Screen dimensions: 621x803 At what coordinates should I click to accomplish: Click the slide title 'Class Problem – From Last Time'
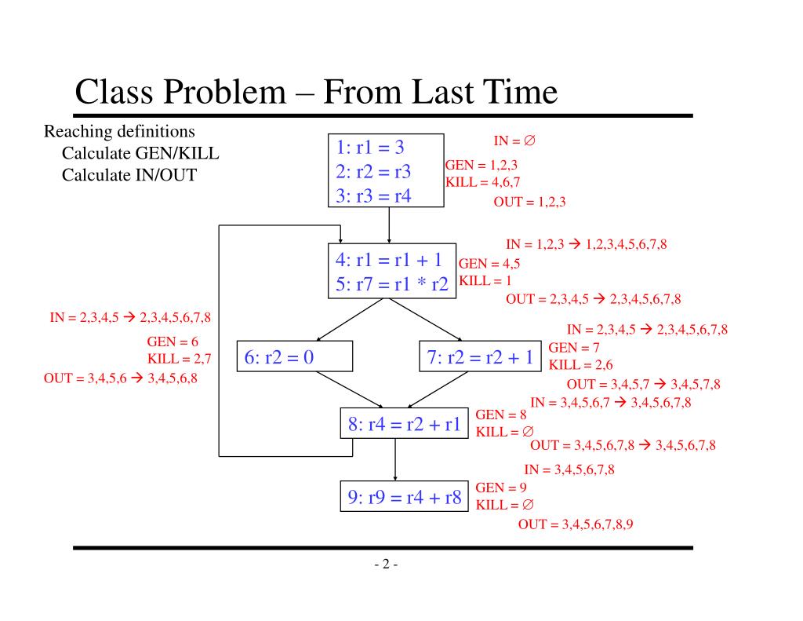[x=316, y=93]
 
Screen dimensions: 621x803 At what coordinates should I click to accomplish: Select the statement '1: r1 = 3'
[x=370, y=148]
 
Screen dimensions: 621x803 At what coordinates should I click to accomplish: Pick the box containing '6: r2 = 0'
[x=294, y=357]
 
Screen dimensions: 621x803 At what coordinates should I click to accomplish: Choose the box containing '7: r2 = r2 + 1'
[x=480, y=357]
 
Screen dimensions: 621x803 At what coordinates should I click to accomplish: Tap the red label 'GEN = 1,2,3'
[x=481, y=165]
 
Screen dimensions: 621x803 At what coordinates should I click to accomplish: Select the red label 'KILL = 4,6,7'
[x=483, y=182]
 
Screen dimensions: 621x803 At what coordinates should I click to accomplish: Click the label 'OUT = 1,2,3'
[x=529, y=202]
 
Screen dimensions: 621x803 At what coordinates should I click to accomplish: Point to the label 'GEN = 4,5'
[x=489, y=264]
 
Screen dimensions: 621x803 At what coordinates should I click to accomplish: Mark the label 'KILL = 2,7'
[x=180, y=360]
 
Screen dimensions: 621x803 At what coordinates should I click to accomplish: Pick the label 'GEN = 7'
[x=574, y=348]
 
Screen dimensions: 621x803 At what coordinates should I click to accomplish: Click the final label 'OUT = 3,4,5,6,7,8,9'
[x=575, y=524]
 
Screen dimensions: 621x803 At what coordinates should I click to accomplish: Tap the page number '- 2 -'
[x=386, y=564]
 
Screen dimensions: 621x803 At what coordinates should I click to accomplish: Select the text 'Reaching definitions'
[x=119, y=130]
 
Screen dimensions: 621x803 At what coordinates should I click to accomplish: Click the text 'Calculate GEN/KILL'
[x=140, y=152]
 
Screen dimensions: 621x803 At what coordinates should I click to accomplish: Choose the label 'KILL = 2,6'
[x=581, y=365]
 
